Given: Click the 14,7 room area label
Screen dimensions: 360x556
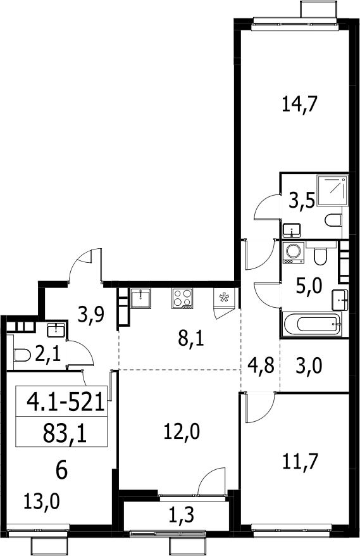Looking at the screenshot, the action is pos(299,104).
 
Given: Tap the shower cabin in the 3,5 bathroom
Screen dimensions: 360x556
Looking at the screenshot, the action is pos(332,190).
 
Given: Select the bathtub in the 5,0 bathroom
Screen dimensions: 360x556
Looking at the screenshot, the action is pos(312,324).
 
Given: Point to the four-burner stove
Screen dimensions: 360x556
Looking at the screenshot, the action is pos(183,298).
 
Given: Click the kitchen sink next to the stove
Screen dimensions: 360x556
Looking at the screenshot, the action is pos(141,298).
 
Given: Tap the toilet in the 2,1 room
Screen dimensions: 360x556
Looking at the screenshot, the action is pos(22,355).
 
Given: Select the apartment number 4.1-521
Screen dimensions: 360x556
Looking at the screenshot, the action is pos(66,401).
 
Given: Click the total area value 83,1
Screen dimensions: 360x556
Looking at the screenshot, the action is pos(65,433).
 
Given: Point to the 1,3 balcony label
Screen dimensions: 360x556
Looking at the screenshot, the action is pos(181,515).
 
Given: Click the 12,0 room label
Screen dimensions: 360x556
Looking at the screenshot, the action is pos(182,432).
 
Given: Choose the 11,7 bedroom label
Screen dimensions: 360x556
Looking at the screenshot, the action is pos(299,462).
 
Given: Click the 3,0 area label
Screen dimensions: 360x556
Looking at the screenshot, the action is pos(309,365).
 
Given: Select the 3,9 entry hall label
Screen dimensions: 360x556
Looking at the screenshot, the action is pos(91,314).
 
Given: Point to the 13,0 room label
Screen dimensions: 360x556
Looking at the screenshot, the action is pos(42,502).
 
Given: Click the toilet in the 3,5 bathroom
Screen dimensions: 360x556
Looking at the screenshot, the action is pos(333,220).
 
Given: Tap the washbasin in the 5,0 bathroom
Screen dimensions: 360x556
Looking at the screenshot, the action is pos(340,300).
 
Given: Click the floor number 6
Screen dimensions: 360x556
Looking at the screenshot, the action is pos(61,471).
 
